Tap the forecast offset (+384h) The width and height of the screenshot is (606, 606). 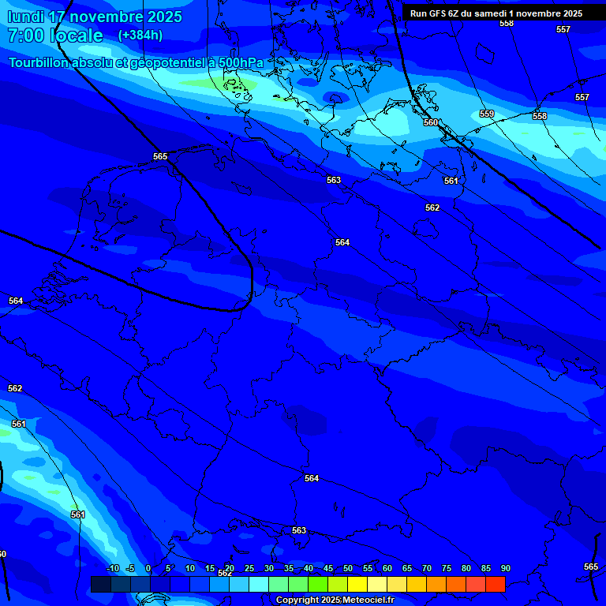tap(140, 36)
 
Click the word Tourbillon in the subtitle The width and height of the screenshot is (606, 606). tap(39, 62)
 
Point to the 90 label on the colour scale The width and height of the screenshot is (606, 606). tap(505, 569)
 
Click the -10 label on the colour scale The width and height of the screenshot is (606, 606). tap(112, 569)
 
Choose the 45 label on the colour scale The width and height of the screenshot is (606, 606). tap(328, 569)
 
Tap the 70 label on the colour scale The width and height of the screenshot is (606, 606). tap(427, 569)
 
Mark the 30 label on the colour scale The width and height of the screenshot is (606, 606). tap(269, 569)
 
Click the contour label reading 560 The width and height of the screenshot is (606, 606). tap(431, 122)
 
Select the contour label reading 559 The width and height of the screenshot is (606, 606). tap(487, 114)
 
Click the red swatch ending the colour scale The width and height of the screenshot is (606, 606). tap(495, 584)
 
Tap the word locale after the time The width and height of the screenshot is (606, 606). tap(76, 36)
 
